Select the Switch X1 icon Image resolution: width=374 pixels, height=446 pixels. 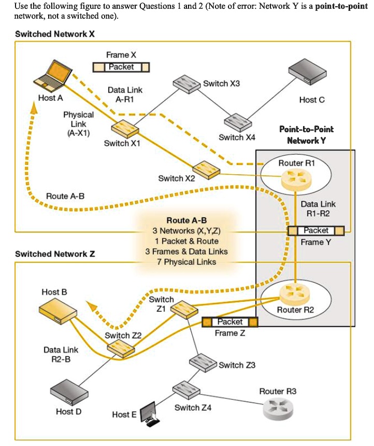pos(124,128)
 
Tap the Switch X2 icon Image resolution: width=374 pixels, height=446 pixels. pos(206,168)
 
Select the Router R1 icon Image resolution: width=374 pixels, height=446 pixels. pos(295,179)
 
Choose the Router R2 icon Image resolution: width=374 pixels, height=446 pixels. pos(294,295)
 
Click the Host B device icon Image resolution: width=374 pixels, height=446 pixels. pos(58,311)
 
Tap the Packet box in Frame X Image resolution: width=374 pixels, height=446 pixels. pos(121,67)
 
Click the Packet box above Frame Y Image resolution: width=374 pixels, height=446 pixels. pos(316,230)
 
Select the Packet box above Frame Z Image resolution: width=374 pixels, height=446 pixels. pos(230,322)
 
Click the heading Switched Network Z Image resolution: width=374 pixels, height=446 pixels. pos(55,254)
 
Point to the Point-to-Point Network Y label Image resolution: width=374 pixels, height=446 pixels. pos(306,135)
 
